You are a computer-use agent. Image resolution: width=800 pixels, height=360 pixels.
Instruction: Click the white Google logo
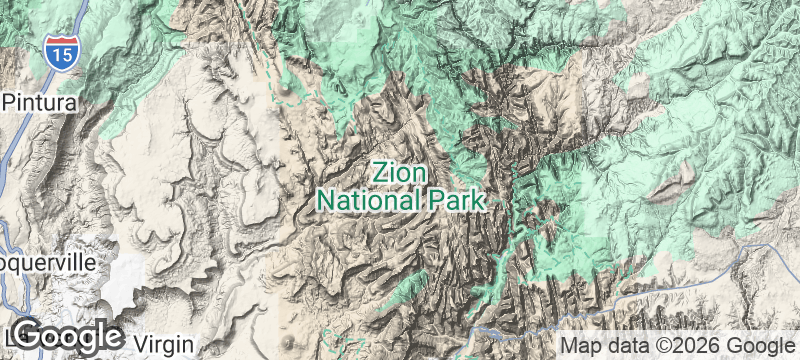(67, 335)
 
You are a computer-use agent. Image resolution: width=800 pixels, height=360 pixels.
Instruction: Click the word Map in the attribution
(581, 344)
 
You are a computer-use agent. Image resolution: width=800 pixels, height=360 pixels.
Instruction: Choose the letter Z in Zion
(380, 172)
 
